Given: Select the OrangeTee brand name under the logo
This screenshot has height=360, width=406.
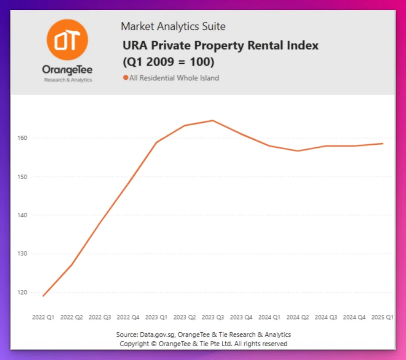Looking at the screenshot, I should coord(67,70).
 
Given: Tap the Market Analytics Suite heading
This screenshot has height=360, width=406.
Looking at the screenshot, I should coord(173,27).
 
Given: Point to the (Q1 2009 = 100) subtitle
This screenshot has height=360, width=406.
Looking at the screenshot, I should coord(168,62).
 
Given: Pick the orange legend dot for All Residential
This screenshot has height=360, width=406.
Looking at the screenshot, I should coord(125,78).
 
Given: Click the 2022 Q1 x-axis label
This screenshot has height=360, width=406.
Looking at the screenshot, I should coord(43,318).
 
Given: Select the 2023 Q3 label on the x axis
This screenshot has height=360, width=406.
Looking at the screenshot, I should coord(213,318).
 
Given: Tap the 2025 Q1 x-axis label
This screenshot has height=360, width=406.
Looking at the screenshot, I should coord(382,318).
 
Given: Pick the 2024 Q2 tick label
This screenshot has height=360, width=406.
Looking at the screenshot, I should coord(298,318).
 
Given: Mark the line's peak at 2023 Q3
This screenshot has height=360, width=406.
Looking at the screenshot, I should coord(213,120).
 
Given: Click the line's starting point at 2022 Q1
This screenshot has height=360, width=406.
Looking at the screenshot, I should coord(43,296).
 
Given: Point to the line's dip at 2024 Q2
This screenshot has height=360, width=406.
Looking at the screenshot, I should coord(298,151).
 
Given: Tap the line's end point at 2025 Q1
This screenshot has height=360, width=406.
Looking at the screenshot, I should coord(383,144).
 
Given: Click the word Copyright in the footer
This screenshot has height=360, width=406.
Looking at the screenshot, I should coord(134,344).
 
